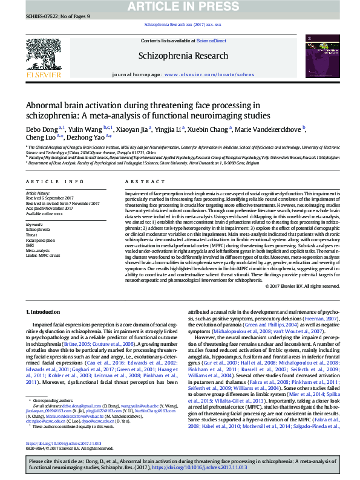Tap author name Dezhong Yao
[x=89, y=138]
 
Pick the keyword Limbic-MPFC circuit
[x=43, y=256]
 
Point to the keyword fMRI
[x=31, y=245]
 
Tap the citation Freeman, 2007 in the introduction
[x=322, y=318]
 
